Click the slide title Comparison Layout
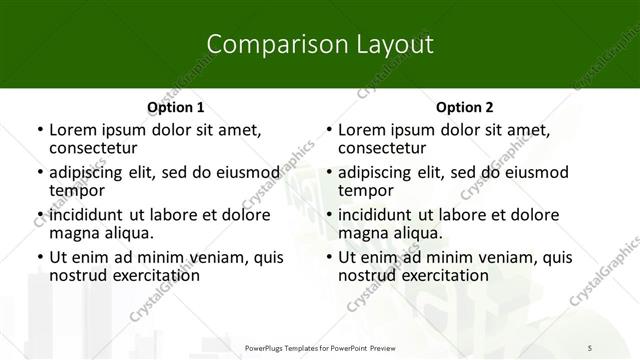[x=319, y=45]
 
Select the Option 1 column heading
[x=175, y=107]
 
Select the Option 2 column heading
[x=465, y=107]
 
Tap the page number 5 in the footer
[x=590, y=347]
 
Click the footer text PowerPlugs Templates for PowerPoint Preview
[x=319, y=347]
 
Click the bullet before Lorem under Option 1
[x=39, y=130]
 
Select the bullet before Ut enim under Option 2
[x=329, y=258]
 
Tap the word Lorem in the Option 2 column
[x=361, y=129]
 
